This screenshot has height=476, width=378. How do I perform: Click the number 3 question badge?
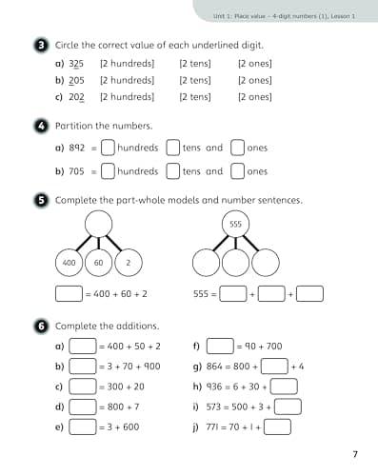[42, 45]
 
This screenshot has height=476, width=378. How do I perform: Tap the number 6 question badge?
[42, 327]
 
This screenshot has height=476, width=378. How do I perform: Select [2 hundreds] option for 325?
[127, 64]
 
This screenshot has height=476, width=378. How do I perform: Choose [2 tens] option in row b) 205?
[195, 80]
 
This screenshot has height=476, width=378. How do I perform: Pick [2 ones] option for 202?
[254, 96]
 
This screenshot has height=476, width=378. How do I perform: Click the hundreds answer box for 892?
[109, 148]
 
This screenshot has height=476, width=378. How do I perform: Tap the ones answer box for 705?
[238, 171]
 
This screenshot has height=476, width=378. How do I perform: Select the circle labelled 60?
[99, 261]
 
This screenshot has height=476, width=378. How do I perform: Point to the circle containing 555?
[234, 224]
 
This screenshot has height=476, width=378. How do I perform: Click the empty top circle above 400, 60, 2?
[99, 224]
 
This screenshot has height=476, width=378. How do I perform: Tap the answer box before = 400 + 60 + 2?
[69, 294]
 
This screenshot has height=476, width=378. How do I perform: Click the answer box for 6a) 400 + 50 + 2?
[84, 347]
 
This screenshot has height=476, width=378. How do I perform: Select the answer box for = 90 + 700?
[220, 347]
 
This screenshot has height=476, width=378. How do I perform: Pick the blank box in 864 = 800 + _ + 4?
[274, 366]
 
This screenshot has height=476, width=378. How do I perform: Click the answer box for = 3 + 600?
[84, 426]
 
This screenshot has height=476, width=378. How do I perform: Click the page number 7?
[354, 452]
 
